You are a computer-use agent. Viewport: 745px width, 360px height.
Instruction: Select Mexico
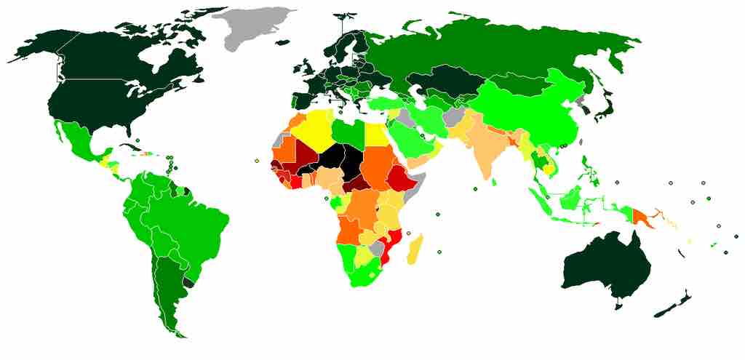tap(76, 137)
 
